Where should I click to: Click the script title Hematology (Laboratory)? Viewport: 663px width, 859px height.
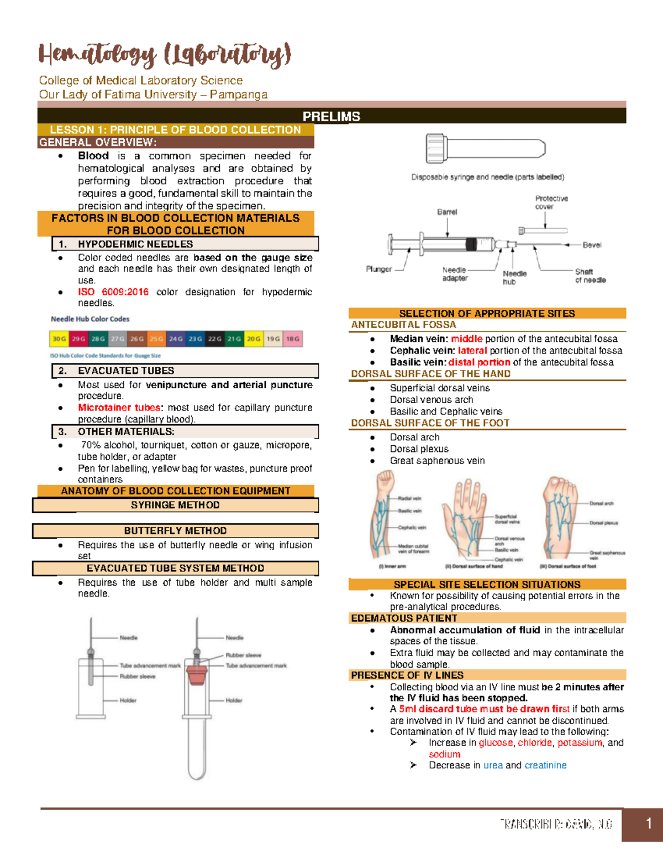[164, 55]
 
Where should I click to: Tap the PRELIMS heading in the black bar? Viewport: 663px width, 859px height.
[331, 117]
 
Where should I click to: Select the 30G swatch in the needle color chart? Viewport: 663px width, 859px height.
[59, 339]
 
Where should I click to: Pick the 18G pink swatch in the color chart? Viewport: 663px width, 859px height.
[293, 339]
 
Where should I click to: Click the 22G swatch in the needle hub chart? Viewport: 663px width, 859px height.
[215, 339]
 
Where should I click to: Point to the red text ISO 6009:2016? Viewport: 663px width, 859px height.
[113, 292]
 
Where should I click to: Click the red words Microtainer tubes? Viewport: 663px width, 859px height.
[119, 408]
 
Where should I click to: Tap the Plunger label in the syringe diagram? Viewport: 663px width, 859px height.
[378, 269]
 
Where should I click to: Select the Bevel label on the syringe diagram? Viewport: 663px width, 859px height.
[592, 245]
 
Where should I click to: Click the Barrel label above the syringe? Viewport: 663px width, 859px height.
[447, 212]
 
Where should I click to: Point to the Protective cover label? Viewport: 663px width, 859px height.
[551, 202]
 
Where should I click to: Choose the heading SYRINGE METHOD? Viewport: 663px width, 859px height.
[175, 505]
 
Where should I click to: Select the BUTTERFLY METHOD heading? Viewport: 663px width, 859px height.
[175, 531]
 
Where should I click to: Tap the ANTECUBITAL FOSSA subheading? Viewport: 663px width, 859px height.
[403, 325]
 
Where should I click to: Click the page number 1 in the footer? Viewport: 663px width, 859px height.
[649, 824]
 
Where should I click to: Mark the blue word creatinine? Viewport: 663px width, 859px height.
[545, 766]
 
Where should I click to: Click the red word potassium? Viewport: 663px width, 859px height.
[580, 743]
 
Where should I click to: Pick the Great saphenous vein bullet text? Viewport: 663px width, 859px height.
[437, 461]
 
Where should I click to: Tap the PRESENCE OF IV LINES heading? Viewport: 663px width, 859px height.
[407, 675]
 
